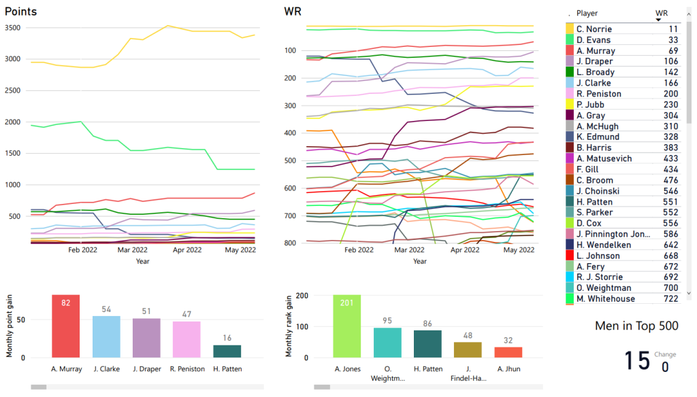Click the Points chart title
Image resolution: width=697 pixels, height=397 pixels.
point(20,12)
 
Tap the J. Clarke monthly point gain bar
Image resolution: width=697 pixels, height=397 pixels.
point(106,336)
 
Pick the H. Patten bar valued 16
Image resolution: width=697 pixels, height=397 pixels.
point(227,351)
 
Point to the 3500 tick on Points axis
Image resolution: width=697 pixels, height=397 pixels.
point(14,28)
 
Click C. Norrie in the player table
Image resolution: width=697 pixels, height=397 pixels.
point(594,29)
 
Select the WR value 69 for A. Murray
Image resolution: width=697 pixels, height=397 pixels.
point(672,51)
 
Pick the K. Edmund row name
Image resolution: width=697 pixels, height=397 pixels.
point(596,137)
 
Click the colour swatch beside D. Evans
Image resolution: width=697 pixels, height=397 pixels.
point(570,40)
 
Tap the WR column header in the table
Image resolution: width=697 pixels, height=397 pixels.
point(661,13)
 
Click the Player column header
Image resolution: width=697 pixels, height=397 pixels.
point(587,13)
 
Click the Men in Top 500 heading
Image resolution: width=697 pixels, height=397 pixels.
point(636,326)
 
